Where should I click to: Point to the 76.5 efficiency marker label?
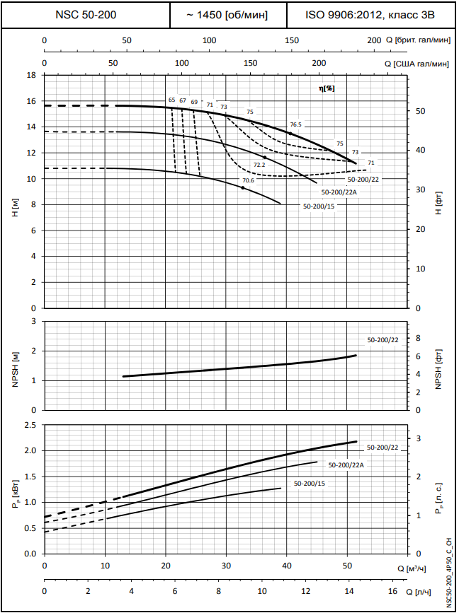pos(296,124)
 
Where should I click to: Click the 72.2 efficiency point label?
pos(259,165)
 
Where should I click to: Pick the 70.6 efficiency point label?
pos(248,180)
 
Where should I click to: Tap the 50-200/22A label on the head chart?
pos(337,192)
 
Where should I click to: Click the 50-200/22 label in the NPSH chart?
pos(382,340)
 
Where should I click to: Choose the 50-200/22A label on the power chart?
pos(343,465)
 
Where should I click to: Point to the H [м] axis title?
pos(16,207)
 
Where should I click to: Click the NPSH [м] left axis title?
pos(16,366)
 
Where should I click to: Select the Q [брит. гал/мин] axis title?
pos(419,40)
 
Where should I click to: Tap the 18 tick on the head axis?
pos(30,75)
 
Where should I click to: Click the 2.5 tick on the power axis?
pos(29,425)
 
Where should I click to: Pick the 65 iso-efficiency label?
pos(171,100)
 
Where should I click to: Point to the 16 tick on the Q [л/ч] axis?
pos(392,591)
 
